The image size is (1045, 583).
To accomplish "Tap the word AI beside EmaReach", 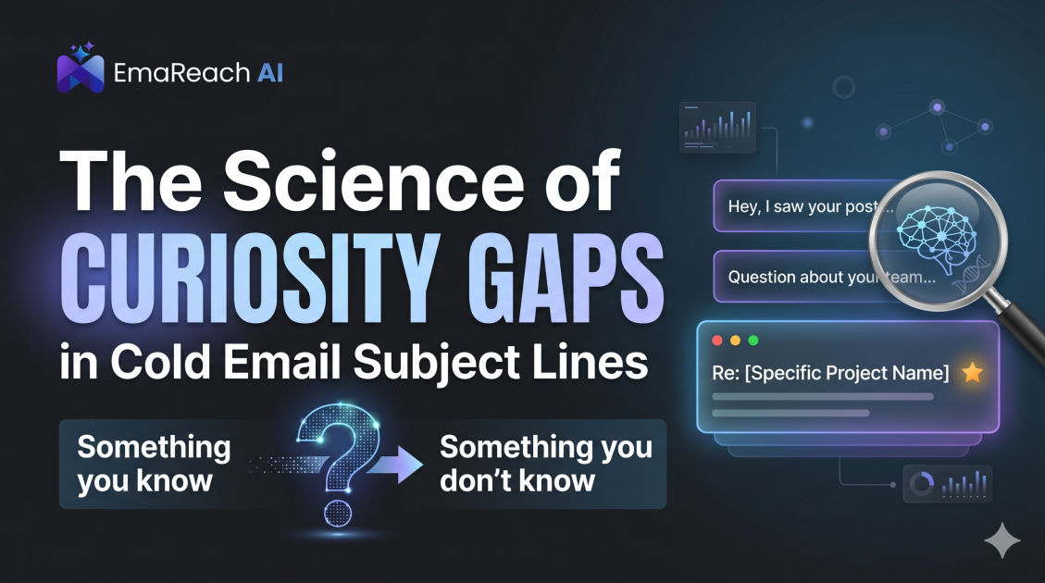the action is pyautogui.click(x=270, y=72).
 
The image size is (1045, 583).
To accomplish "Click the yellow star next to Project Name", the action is pyautogui.click(x=973, y=372).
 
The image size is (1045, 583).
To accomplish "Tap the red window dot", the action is pyautogui.click(x=717, y=341).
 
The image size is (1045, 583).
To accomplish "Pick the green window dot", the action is pyautogui.click(x=753, y=341).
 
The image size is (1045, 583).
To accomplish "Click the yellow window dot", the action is pyautogui.click(x=735, y=341).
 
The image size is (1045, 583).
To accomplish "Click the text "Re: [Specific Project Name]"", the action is pyautogui.click(x=830, y=373).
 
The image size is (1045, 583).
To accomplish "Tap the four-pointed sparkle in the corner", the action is pyautogui.click(x=1001, y=540).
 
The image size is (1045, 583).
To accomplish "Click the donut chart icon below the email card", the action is pyautogui.click(x=922, y=484).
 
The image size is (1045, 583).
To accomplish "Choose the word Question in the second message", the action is pyautogui.click(x=760, y=278).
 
